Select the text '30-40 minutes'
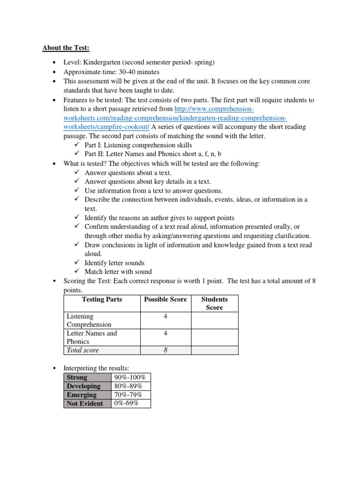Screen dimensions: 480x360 tap(137, 72)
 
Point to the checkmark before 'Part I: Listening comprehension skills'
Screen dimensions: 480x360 tap(77, 145)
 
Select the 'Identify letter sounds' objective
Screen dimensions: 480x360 tap(114, 263)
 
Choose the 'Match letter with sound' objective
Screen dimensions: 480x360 tap(118, 271)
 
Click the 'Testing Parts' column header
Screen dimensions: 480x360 tap(102, 300)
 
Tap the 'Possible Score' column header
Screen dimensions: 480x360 tap(165, 300)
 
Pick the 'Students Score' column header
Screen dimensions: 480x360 tap(214, 303)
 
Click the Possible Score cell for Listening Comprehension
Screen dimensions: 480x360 tap(165, 317)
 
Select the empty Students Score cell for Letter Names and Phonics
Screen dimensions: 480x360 tap(214, 337)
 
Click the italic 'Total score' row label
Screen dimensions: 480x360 tap(83, 350)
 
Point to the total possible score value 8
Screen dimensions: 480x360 tap(165, 350)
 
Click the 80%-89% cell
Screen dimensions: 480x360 tap(130, 386)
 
